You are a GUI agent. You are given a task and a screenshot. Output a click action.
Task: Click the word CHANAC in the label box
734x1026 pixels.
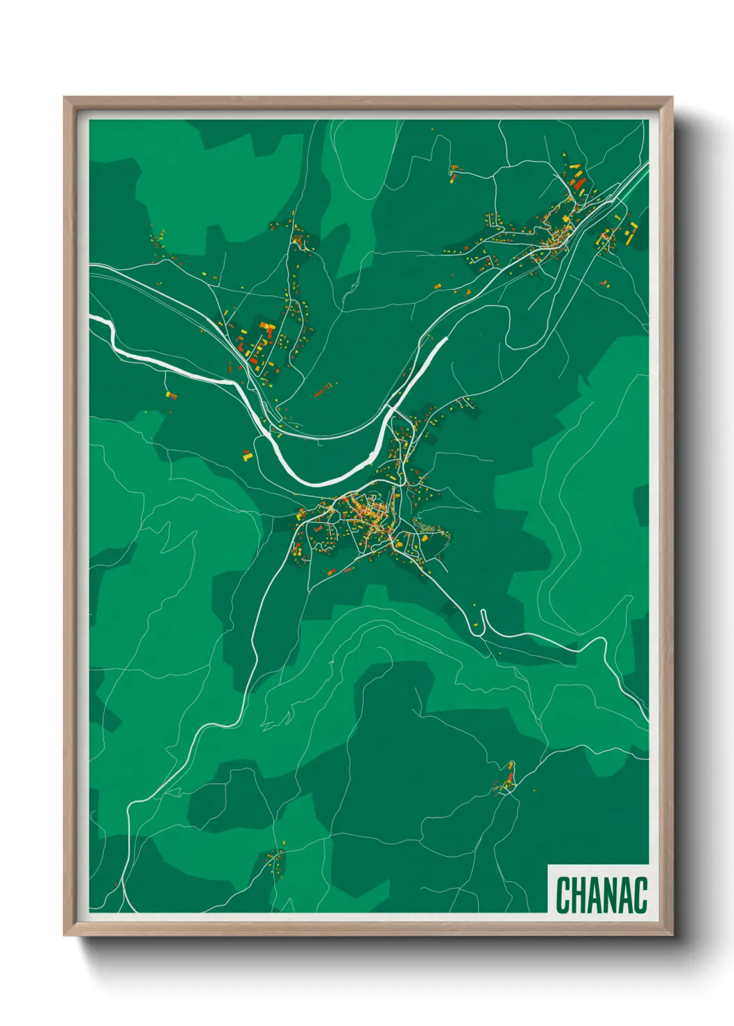click(x=601, y=895)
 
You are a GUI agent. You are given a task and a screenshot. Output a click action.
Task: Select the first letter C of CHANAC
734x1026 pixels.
click(x=563, y=895)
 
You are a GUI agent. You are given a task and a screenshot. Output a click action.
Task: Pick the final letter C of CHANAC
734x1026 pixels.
click(x=640, y=895)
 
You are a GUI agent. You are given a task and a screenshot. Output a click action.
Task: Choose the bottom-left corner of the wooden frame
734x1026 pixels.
click(x=65, y=935)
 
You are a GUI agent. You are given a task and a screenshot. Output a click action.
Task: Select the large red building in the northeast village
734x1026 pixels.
click(x=580, y=184)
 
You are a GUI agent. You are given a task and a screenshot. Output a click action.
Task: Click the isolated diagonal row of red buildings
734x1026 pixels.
click(x=324, y=390)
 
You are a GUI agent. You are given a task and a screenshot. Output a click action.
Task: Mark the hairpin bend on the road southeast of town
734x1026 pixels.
click(x=482, y=614)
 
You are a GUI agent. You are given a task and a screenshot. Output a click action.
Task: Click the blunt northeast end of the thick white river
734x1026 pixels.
click(x=445, y=340)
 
